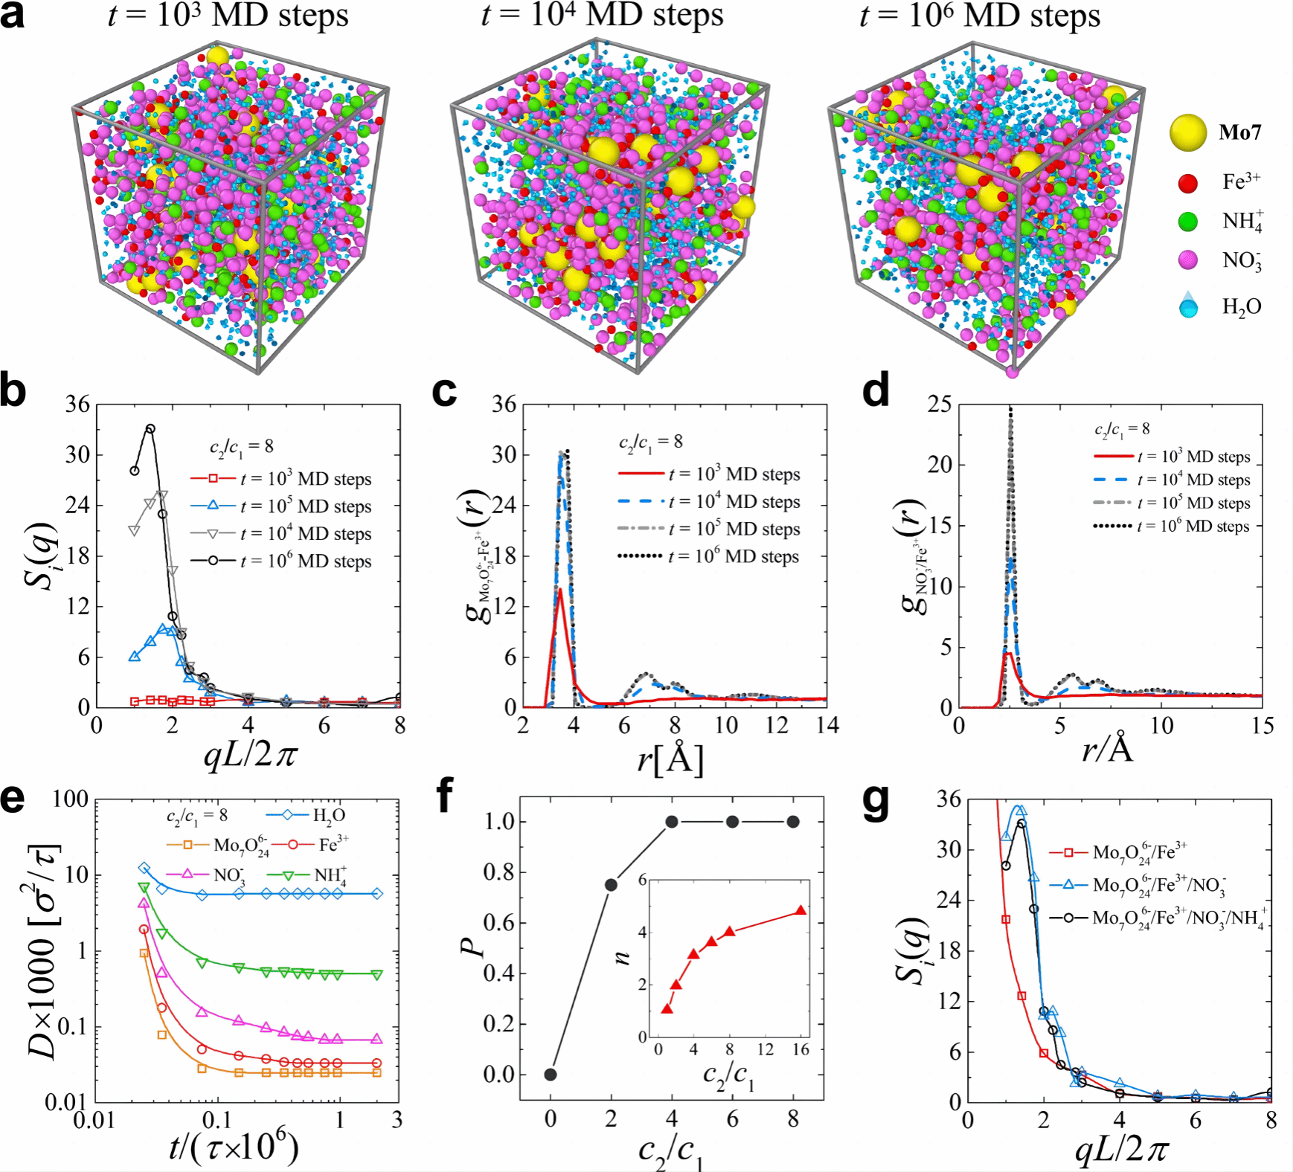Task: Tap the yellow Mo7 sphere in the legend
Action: tap(1187, 133)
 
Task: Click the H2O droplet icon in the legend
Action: tap(1189, 305)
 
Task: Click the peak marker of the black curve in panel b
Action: tap(150, 428)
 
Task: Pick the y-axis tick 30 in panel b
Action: tap(77, 455)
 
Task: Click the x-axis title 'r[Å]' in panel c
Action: tap(670, 758)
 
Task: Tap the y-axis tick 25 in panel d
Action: tap(940, 405)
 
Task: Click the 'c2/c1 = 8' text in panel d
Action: tap(1122, 429)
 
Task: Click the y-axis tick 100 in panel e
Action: tap(71, 799)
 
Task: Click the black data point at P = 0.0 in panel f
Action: tap(551, 1074)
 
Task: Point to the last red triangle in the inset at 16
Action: tap(800, 910)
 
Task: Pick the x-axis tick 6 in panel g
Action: tap(1195, 1121)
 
